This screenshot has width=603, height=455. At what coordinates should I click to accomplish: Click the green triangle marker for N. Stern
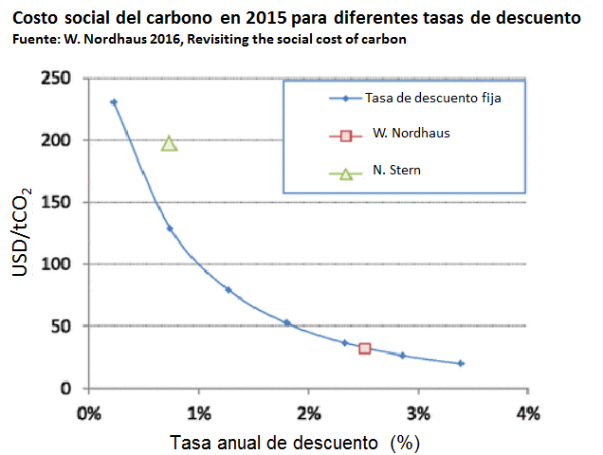170,143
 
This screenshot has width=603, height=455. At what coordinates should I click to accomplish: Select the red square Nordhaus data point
364,349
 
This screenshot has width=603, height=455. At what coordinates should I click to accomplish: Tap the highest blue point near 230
114,102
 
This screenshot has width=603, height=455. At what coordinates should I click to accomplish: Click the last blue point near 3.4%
461,363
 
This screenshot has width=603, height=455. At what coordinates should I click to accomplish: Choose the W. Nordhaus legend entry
411,134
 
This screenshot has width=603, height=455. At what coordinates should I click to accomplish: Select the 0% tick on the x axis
88,413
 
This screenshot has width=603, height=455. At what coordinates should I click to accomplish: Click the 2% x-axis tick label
308,413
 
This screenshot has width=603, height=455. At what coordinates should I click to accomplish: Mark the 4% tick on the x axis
527,413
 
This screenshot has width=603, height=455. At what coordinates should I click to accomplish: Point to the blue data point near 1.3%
228,289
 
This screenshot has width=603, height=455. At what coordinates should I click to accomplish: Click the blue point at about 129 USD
170,228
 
